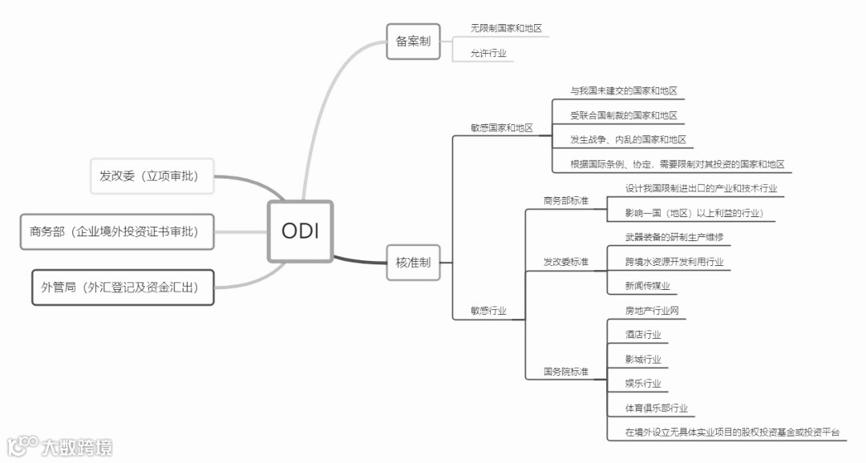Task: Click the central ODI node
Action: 300,231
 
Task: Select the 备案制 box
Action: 413,41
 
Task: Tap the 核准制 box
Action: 413,262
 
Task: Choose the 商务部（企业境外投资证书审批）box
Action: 117,231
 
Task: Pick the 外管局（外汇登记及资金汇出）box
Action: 123,287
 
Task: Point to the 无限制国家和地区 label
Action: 506,28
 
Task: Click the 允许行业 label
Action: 488,53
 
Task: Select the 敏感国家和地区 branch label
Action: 501,127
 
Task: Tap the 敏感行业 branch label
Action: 488,311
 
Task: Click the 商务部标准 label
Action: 565,200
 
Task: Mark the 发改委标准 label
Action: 565,262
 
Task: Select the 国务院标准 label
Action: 565,372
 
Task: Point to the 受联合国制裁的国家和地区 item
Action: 623,115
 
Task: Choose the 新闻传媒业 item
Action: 647,286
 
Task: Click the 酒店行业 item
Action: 643,335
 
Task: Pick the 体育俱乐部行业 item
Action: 656,409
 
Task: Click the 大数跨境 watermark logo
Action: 60,446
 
